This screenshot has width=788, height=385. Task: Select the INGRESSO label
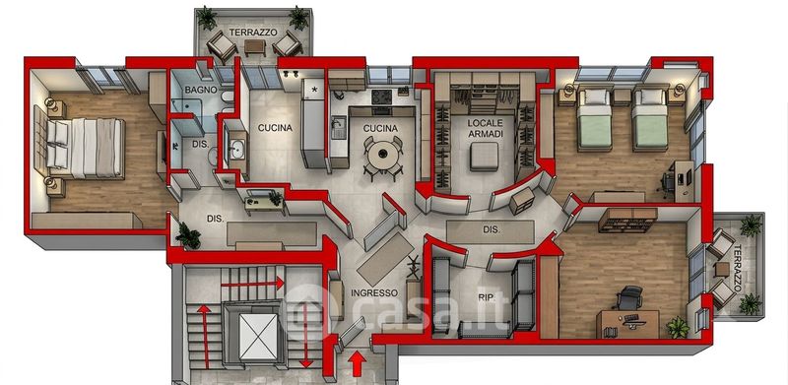(x=374, y=292)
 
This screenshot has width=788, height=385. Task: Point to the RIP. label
(x=486, y=297)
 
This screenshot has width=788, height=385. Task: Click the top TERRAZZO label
(x=253, y=32)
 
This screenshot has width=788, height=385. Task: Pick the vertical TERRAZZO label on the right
(x=737, y=269)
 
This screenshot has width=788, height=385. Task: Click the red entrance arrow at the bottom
(x=357, y=363)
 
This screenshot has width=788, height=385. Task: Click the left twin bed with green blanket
(x=594, y=119)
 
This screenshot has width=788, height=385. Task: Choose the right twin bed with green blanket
(x=650, y=119)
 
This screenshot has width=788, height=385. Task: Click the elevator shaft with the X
(x=258, y=336)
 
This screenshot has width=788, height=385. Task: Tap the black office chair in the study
(x=628, y=298)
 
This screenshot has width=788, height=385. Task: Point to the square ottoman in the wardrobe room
(x=485, y=157)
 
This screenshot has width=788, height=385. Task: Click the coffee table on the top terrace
(x=255, y=47)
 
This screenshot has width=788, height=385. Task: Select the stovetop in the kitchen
(x=381, y=96)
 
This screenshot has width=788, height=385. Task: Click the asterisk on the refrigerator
(x=315, y=90)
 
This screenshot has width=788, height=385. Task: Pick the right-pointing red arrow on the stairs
(x=253, y=284)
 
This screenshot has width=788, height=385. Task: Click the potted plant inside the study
(x=678, y=327)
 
